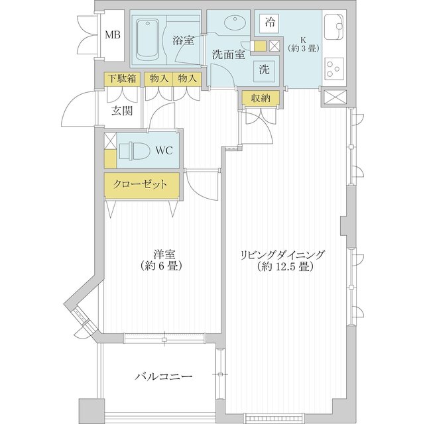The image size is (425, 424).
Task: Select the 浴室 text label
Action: [183, 40]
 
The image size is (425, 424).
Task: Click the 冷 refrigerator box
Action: [270, 22]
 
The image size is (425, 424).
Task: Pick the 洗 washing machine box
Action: [264, 68]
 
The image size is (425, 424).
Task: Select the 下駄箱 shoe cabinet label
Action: [123, 78]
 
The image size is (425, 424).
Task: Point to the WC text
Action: [164, 150]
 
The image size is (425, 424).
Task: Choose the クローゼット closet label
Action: [141, 185]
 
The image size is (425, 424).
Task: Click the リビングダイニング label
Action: [284, 254]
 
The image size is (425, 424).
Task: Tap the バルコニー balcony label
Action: [164, 376]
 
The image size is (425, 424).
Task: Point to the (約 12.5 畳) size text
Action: [284, 268]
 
